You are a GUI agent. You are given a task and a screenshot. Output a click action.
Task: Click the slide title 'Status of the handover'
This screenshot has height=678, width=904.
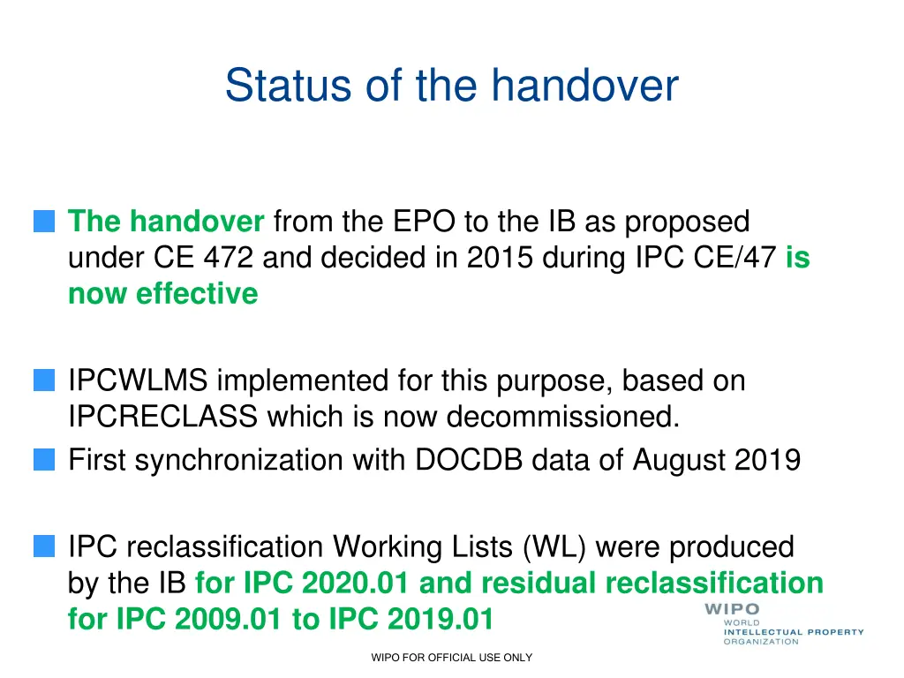[x=451, y=86]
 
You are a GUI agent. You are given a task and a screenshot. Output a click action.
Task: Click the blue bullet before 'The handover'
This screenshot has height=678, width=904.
[x=43, y=221]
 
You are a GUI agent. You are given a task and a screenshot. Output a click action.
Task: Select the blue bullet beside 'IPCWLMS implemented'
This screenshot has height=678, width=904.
[x=43, y=381]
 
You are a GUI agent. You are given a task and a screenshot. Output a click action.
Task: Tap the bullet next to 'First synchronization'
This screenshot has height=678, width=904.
[x=43, y=460]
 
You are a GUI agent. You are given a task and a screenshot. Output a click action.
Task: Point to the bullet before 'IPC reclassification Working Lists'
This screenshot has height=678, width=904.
[x=43, y=547]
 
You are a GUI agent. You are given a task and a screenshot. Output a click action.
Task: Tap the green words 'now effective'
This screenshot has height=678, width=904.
[x=162, y=293]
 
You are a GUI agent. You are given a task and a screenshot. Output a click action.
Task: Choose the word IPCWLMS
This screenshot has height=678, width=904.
[x=138, y=381]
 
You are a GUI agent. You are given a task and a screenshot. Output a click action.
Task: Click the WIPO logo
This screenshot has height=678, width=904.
[x=782, y=623]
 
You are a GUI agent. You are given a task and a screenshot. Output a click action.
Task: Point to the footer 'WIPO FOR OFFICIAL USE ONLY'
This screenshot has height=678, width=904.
[x=451, y=658]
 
